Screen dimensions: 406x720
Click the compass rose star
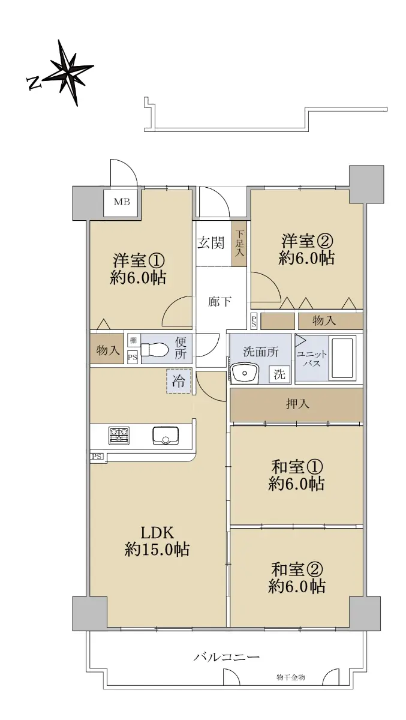pos(69,73)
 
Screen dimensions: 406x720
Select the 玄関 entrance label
pos(210,242)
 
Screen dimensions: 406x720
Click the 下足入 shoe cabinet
pos(239,243)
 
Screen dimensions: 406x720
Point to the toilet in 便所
pos(153,350)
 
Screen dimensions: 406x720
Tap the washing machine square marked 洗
pos(279,374)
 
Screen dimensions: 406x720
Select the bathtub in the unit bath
pos(344,358)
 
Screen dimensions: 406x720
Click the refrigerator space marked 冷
pos(179,381)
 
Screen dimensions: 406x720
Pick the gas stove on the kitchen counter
pos(119,436)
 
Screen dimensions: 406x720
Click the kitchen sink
pos(166,436)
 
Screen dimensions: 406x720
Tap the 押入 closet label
pos(298,404)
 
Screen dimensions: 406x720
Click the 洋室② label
pos(307,241)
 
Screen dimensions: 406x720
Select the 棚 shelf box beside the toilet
pos(133,340)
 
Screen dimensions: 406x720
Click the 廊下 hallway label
pos(220,302)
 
